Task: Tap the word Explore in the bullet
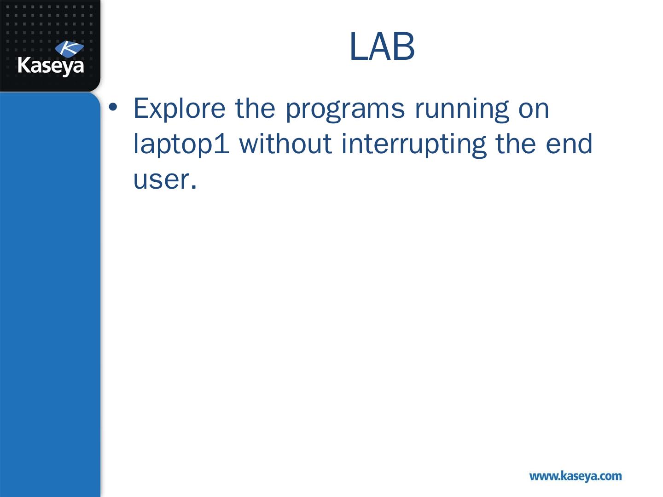(180, 109)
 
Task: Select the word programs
(345, 110)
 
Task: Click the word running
(462, 110)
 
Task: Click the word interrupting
(414, 145)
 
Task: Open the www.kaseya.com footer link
(576, 476)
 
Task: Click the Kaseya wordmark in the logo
(51, 66)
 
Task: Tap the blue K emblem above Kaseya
(70, 49)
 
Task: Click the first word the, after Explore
(255, 108)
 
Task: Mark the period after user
(194, 187)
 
